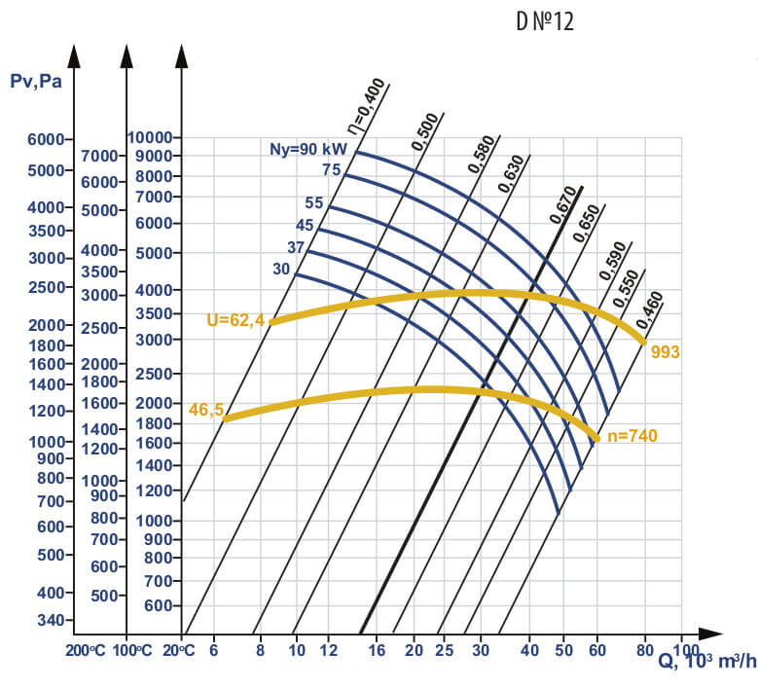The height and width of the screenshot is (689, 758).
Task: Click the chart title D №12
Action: coord(545,21)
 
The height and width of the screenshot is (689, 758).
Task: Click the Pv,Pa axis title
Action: coord(35,81)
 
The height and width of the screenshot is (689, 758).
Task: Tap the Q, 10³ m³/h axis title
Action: coord(706,662)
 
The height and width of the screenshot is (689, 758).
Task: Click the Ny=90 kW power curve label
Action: coord(309,149)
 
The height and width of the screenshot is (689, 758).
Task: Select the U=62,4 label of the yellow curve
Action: coord(235,318)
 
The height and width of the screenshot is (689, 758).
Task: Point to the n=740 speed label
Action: coord(632,436)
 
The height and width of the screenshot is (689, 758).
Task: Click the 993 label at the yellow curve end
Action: coord(665,351)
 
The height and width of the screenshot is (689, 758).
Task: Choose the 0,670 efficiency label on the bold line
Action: coord(563,205)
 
